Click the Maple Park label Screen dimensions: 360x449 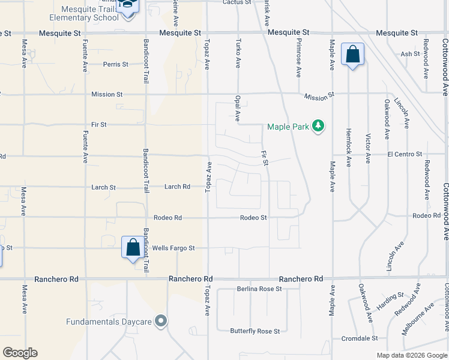click(x=287, y=127)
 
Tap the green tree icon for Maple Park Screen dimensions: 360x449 click(x=319, y=125)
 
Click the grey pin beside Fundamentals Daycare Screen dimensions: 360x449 click(x=160, y=322)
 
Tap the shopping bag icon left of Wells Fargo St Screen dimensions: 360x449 click(x=131, y=247)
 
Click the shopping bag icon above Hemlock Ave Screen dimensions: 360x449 click(x=352, y=55)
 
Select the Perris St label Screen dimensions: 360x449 click(x=116, y=64)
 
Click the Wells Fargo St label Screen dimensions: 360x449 click(x=173, y=248)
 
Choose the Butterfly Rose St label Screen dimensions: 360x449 click(x=255, y=331)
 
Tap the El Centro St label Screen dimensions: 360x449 click(x=405, y=154)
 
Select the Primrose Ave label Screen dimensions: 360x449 click(x=298, y=58)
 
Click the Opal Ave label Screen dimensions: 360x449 click(x=238, y=108)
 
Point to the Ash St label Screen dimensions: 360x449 click(x=410, y=54)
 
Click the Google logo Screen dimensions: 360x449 click(x=20, y=353)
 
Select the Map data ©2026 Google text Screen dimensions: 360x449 click(x=411, y=355)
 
